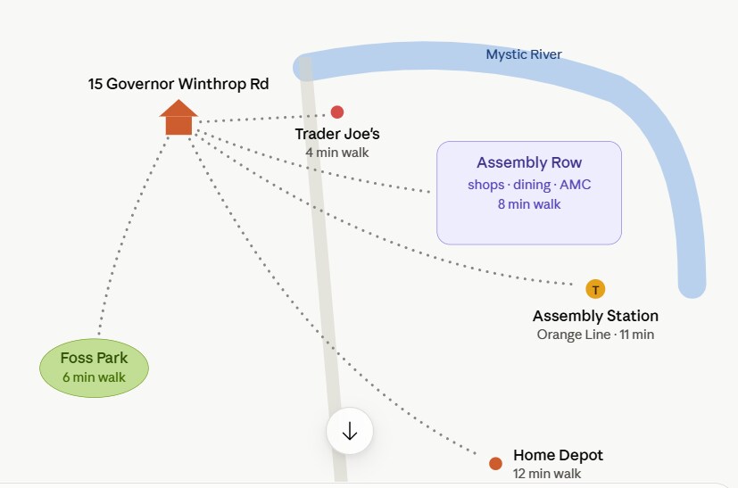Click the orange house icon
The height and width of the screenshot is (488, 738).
178,118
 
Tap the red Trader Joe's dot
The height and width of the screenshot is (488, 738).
337,112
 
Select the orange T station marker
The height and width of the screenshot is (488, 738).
595,289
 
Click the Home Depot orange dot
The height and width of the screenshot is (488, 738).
495,464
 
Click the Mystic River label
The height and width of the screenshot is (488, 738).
524,54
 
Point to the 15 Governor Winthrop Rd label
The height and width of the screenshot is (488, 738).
178,84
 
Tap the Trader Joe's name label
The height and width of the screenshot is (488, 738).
337,134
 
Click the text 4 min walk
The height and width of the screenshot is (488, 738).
337,153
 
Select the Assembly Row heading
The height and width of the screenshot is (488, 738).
529,162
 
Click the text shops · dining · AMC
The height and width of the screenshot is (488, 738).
529,185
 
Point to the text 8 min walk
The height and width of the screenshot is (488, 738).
529,204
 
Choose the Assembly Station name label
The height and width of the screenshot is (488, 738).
595,316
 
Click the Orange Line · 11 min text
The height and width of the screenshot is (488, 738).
595,335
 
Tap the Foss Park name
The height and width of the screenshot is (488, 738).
94,358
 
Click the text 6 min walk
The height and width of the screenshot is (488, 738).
94,377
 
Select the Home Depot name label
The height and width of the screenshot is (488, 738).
559,455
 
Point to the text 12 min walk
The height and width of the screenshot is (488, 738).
547,474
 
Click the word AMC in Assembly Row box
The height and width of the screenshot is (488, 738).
576,185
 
